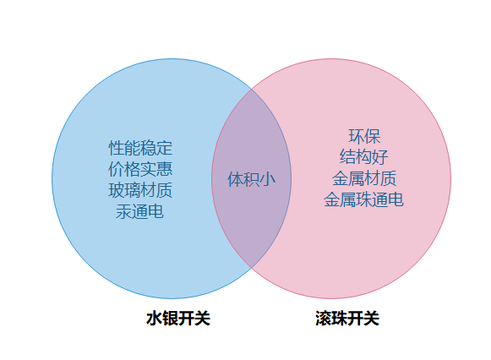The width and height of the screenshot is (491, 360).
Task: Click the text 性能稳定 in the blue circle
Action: [140, 148]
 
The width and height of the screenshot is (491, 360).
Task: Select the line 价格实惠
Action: [140, 169]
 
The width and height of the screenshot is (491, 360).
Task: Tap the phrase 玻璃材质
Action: [140, 190]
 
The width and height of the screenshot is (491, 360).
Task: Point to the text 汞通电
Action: [140, 211]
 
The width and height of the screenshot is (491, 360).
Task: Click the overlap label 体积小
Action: [252, 179]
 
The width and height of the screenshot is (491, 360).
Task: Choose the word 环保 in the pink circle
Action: [364, 136]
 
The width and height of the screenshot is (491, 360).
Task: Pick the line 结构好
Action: [364, 157]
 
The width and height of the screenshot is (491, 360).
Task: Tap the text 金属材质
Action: [364, 178]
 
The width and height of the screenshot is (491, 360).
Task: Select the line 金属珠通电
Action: [364, 199]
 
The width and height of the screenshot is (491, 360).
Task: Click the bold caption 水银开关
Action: [178, 319]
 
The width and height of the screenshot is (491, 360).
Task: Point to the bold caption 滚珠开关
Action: [347, 319]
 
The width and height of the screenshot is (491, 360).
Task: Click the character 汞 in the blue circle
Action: [124, 211]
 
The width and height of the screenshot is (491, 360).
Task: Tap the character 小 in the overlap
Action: [268, 179]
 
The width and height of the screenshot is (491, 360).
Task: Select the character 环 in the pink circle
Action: [357, 136]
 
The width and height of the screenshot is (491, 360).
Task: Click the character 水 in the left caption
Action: [154, 319]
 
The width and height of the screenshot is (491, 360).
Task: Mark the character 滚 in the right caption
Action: [323, 319]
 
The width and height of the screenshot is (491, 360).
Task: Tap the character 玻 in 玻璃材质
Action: [117, 190]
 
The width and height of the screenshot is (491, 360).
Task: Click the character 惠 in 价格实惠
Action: [165, 169]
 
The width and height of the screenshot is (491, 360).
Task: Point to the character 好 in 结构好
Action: [380, 157]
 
